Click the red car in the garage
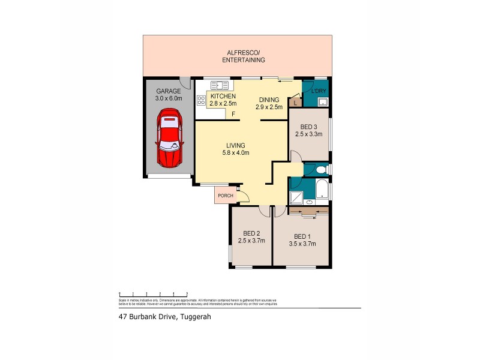[x=169, y=138]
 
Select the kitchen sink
[x=216, y=85]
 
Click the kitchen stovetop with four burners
[x=200, y=100]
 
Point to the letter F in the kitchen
[x=233, y=114]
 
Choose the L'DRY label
[x=318, y=91]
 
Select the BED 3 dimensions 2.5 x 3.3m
[x=308, y=134]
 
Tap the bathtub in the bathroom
[x=321, y=189]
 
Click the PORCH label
[x=226, y=196]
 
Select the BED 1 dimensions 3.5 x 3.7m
[x=302, y=244]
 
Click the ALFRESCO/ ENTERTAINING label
[x=244, y=56]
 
